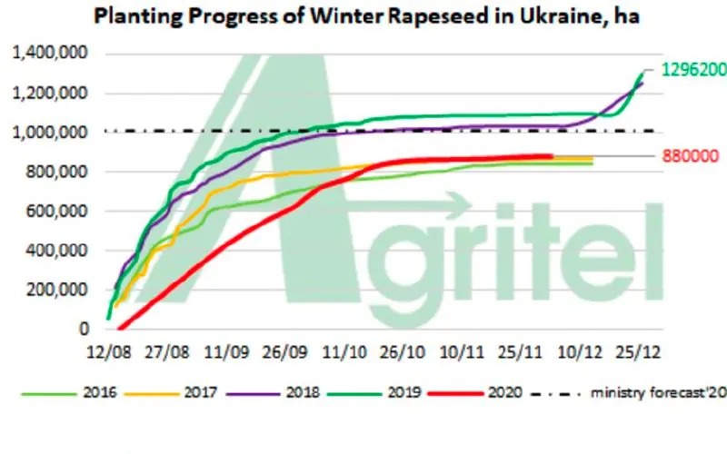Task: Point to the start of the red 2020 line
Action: [x=119, y=330]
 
